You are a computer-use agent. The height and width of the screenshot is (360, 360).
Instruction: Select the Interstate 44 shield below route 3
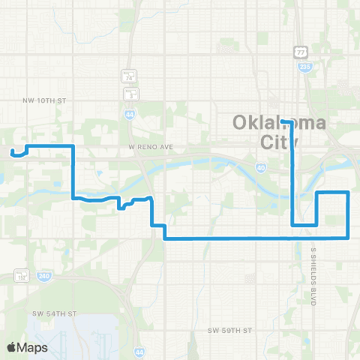(x=129, y=112)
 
